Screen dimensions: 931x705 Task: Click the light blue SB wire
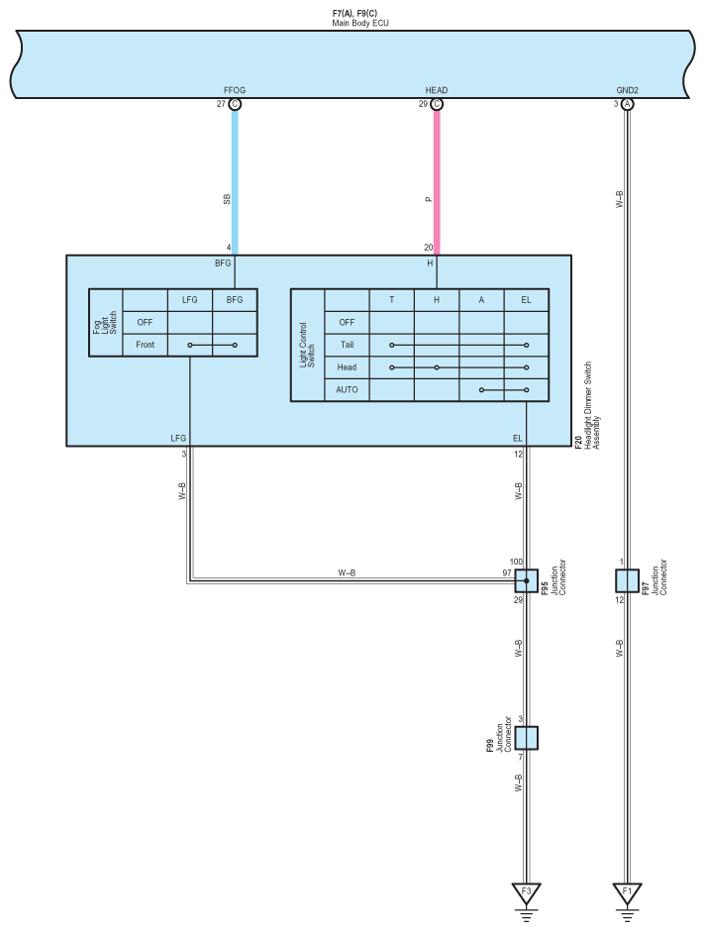pyautogui.click(x=235, y=178)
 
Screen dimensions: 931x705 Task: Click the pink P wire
pyautogui.click(x=436, y=178)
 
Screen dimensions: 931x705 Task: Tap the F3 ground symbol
pyautogui.click(x=527, y=892)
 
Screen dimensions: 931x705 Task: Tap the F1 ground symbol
pyautogui.click(x=627, y=892)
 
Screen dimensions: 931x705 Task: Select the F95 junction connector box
pyautogui.click(x=527, y=580)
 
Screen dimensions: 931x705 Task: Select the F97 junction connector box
pyautogui.click(x=627, y=580)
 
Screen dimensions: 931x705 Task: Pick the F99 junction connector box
pyautogui.click(x=527, y=738)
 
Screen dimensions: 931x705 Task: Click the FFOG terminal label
pyautogui.click(x=235, y=90)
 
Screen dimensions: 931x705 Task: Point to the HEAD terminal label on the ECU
pyautogui.click(x=436, y=90)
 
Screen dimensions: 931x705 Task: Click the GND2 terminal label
pyautogui.click(x=627, y=90)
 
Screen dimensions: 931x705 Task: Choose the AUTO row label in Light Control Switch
pyautogui.click(x=347, y=389)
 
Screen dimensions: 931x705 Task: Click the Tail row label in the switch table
pyautogui.click(x=347, y=345)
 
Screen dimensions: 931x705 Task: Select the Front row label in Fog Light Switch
pyautogui.click(x=145, y=345)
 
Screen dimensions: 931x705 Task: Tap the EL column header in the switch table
pyautogui.click(x=526, y=300)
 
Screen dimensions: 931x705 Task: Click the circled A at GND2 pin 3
pyautogui.click(x=627, y=104)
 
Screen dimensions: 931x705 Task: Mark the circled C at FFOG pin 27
pyautogui.click(x=235, y=104)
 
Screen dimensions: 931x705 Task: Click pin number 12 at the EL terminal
pyautogui.click(x=518, y=455)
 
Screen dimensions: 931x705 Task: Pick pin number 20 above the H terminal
pyautogui.click(x=427, y=248)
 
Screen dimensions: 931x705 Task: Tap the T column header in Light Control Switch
pyautogui.click(x=391, y=300)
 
